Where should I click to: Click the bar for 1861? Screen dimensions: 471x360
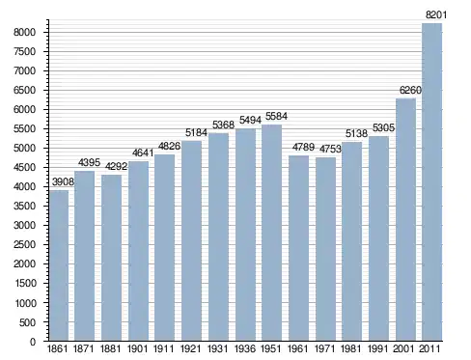(59, 265)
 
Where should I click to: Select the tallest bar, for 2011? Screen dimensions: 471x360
(431, 182)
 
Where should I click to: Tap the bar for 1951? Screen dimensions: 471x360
(271, 233)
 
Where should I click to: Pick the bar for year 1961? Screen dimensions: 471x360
(298, 248)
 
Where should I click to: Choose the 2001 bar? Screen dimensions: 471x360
(405, 220)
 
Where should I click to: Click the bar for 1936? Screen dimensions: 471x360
(245, 235)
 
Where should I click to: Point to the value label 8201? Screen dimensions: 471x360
(436, 14)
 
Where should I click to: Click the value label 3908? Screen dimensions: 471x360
(63, 181)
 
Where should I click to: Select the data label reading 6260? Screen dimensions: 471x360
(410, 90)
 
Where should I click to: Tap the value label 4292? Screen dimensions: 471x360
(117, 167)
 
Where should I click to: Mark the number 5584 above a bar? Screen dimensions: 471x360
(276, 116)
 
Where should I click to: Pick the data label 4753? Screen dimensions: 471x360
(330, 149)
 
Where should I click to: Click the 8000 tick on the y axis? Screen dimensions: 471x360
(24, 32)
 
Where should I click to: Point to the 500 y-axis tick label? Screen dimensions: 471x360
(27, 322)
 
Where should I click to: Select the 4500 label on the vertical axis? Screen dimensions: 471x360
(24, 167)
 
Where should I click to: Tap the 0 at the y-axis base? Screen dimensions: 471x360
(33, 342)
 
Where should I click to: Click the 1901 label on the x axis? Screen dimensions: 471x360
(137, 348)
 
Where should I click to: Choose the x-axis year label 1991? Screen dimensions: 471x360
(378, 348)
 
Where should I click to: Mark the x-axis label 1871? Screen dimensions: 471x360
(84, 348)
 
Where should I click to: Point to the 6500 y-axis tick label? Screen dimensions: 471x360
(24, 90)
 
